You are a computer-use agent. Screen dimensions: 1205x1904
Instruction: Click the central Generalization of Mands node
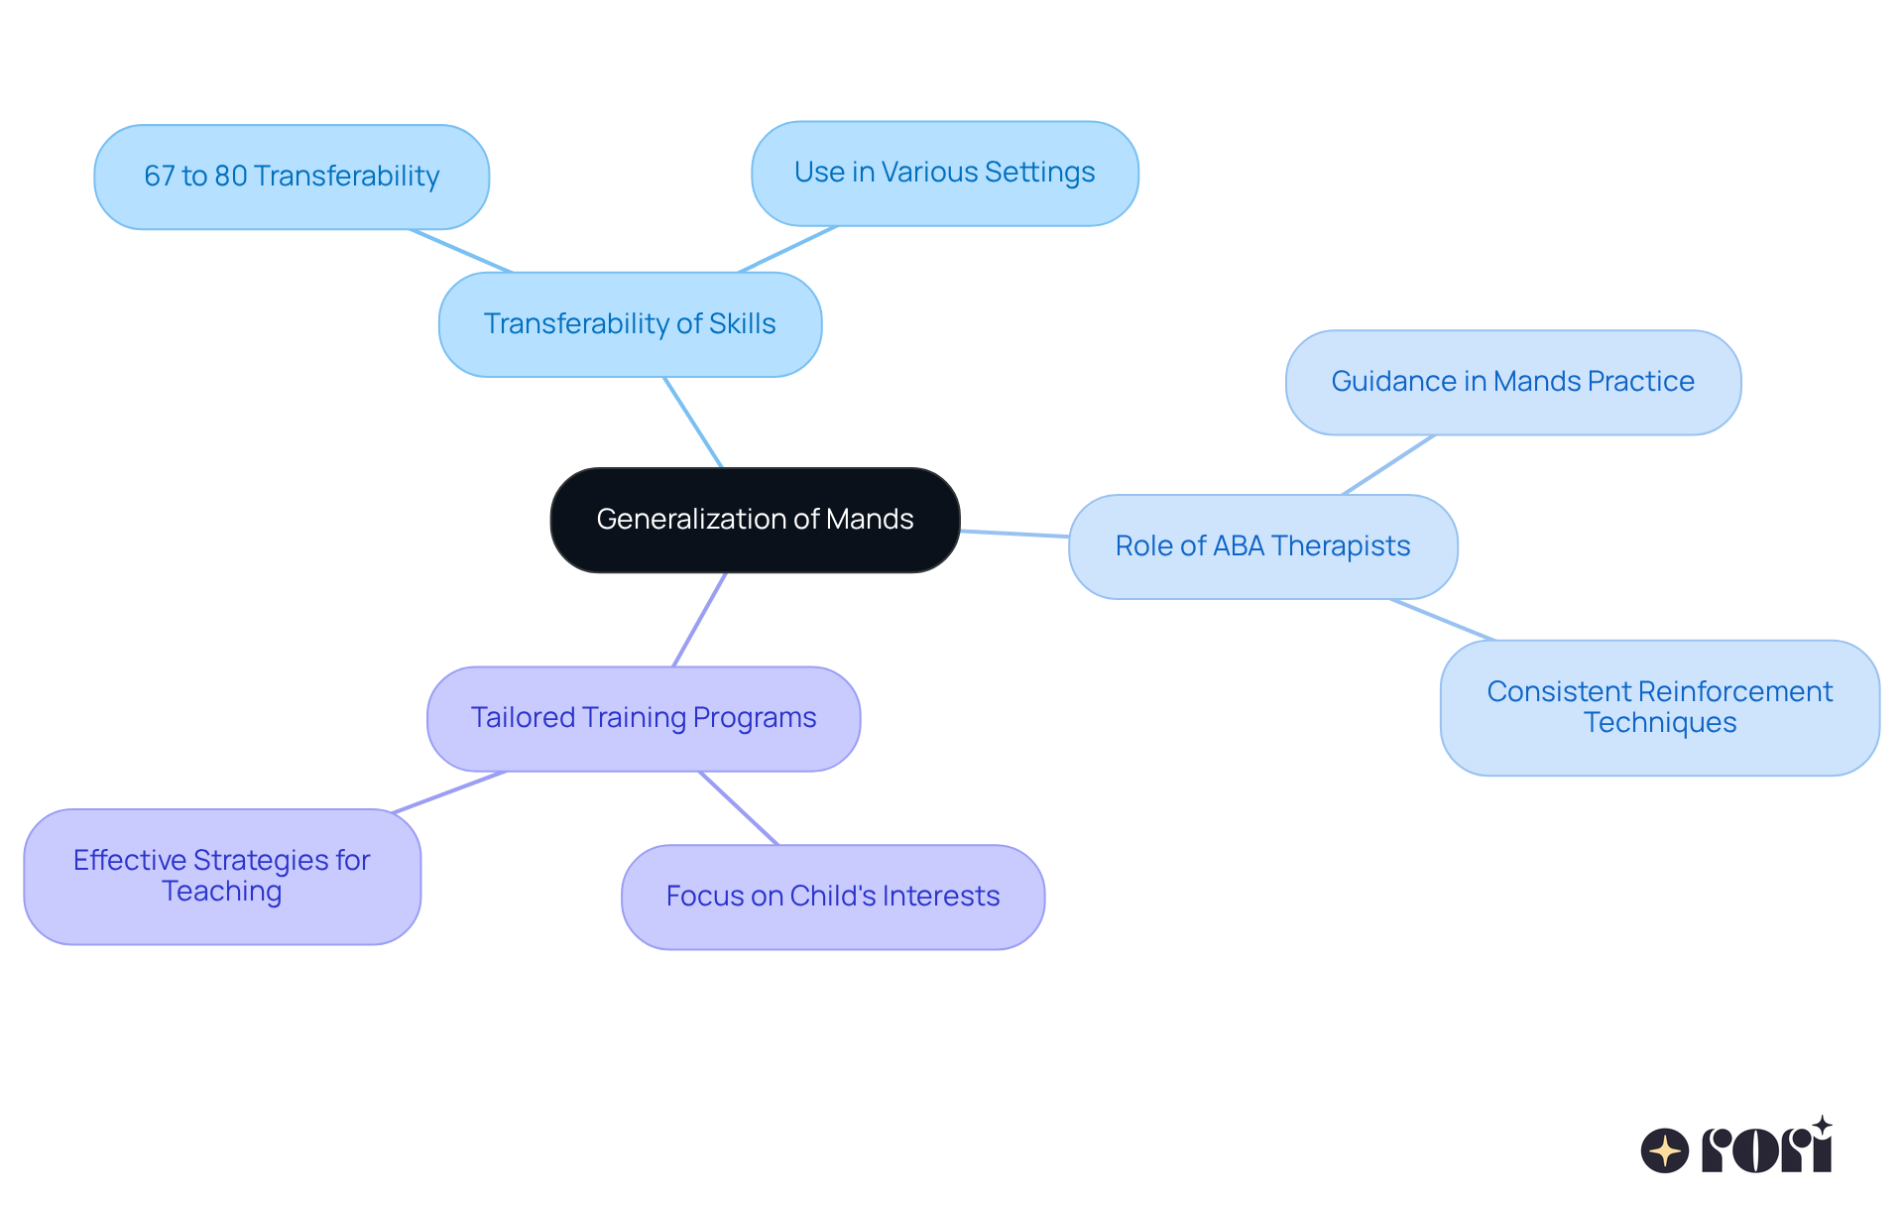[x=755, y=520]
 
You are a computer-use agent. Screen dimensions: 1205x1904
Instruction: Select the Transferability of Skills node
[x=630, y=324]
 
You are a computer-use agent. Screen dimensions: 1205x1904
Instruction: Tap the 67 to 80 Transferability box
[x=291, y=177]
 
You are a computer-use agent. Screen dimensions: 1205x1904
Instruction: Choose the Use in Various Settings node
[x=944, y=173]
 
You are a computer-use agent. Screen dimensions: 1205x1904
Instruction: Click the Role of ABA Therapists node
[x=1262, y=546]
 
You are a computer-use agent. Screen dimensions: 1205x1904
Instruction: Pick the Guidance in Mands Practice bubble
[x=1512, y=382]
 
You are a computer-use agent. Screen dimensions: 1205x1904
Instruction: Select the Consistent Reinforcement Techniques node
[x=1659, y=707]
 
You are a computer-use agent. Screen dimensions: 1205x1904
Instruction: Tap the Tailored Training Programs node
[x=644, y=718]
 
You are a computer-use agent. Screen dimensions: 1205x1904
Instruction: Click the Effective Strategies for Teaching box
[x=222, y=876]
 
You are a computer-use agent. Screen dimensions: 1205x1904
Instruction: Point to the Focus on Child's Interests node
[x=832, y=897]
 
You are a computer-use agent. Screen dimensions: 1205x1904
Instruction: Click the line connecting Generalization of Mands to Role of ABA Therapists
[x=1013, y=534]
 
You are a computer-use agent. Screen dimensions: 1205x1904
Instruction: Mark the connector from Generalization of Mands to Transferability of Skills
[x=693, y=422]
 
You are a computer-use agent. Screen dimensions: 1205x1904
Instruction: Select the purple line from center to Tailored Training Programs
[x=700, y=620]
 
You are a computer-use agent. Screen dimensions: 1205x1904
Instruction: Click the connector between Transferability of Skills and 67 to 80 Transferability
[x=461, y=251]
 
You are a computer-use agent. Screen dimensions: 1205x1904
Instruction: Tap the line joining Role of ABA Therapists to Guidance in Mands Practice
[x=1388, y=464]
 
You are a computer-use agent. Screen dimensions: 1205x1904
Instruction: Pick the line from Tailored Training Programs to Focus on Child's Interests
[x=739, y=808]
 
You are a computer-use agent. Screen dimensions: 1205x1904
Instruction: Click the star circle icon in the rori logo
[x=1664, y=1150]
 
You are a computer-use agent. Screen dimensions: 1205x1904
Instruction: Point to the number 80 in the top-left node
[x=230, y=177]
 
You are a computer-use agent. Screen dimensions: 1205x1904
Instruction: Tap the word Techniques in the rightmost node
[x=1659, y=723]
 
